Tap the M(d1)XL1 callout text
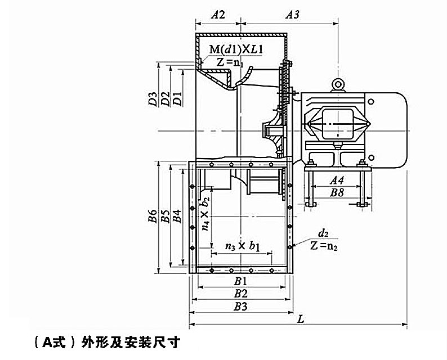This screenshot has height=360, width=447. coord(236,51)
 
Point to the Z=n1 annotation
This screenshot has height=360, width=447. coord(230,62)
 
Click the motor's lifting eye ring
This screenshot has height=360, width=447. coord(338,84)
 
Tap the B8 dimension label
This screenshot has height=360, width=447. coord(337,192)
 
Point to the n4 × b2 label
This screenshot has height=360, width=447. coord(206,214)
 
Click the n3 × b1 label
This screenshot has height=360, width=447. coord(242,246)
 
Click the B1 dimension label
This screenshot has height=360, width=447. coord(242,281)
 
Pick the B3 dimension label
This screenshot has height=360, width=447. coord(242,306)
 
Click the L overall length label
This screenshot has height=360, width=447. coord(301,319)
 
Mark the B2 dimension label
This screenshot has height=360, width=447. coord(242,293)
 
